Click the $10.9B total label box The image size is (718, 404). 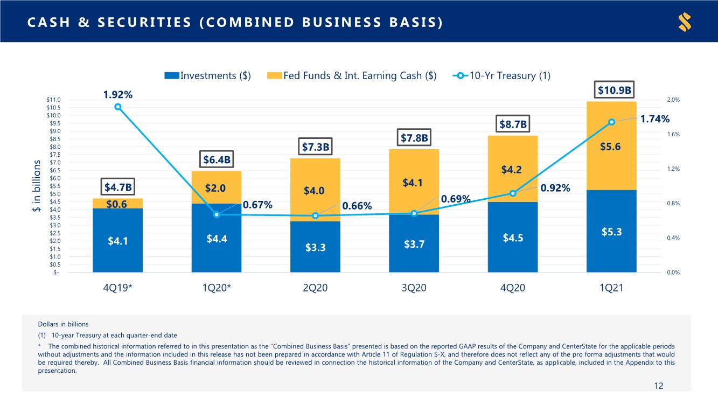pos(614,90)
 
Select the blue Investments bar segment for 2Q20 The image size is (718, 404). pos(315,247)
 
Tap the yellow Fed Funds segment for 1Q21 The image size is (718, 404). pos(611,146)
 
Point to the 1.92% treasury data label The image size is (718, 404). pos(117,95)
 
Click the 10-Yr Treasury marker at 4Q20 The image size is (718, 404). pos(513,193)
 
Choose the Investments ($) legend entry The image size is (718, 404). pos(207,75)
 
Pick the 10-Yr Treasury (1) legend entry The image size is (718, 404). pos(501,75)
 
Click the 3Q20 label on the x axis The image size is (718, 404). pos(414,288)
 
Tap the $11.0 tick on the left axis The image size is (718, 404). pos(53,100)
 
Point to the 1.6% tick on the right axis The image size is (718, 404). pos(673,134)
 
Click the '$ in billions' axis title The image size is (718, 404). pos(37,186)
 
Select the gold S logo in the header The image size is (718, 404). pos(685,22)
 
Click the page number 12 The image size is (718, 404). pos(658,386)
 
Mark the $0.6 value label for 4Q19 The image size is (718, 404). pos(116,204)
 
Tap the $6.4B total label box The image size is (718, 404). pos(217,159)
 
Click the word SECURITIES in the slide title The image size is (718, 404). pos(144,23)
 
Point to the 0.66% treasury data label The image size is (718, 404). pos(357,206)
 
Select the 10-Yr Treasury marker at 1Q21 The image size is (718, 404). pos(611,122)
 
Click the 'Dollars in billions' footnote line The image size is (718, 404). pos(63,324)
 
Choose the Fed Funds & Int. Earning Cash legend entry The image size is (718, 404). pos(352,75)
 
